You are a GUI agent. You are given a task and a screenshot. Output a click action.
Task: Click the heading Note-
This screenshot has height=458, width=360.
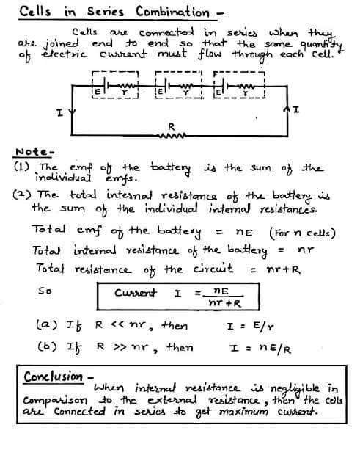pyautogui.click(x=31, y=153)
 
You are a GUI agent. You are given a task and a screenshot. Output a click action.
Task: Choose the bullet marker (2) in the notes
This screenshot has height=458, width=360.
pyautogui.click(x=22, y=197)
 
